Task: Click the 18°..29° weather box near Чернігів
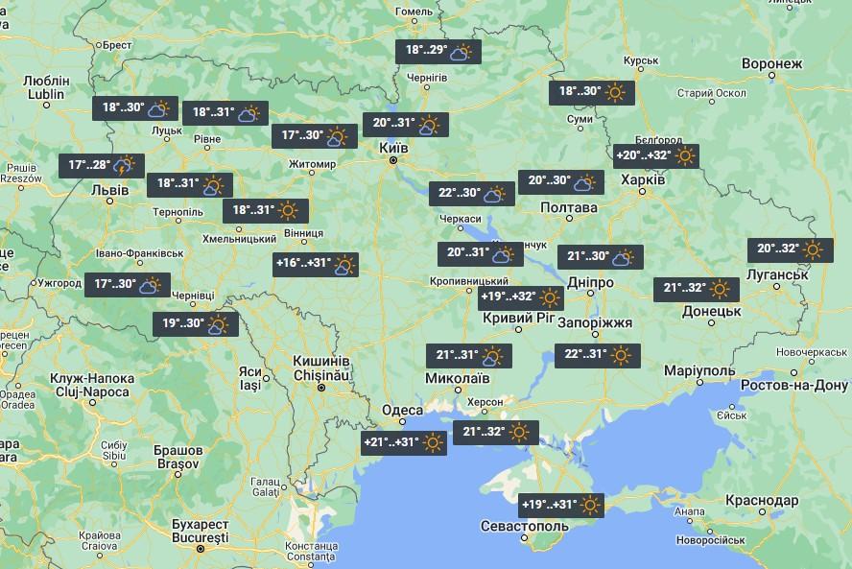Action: point(438,51)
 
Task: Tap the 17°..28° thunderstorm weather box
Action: point(101,165)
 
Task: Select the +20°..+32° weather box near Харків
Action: point(656,155)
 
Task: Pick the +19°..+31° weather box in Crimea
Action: point(562,505)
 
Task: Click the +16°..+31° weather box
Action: point(316,264)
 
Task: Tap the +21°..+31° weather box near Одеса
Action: point(404,442)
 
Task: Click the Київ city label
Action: point(394,148)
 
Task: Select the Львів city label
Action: point(108,190)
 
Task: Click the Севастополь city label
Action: point(526,528)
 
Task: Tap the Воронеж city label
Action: point(771,64)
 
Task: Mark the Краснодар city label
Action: point(761,501)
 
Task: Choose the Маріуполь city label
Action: point(698,371)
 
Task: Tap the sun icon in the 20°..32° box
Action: point(813,249)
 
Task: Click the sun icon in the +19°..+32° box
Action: point(550,297)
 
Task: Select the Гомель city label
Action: point(415,12)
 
